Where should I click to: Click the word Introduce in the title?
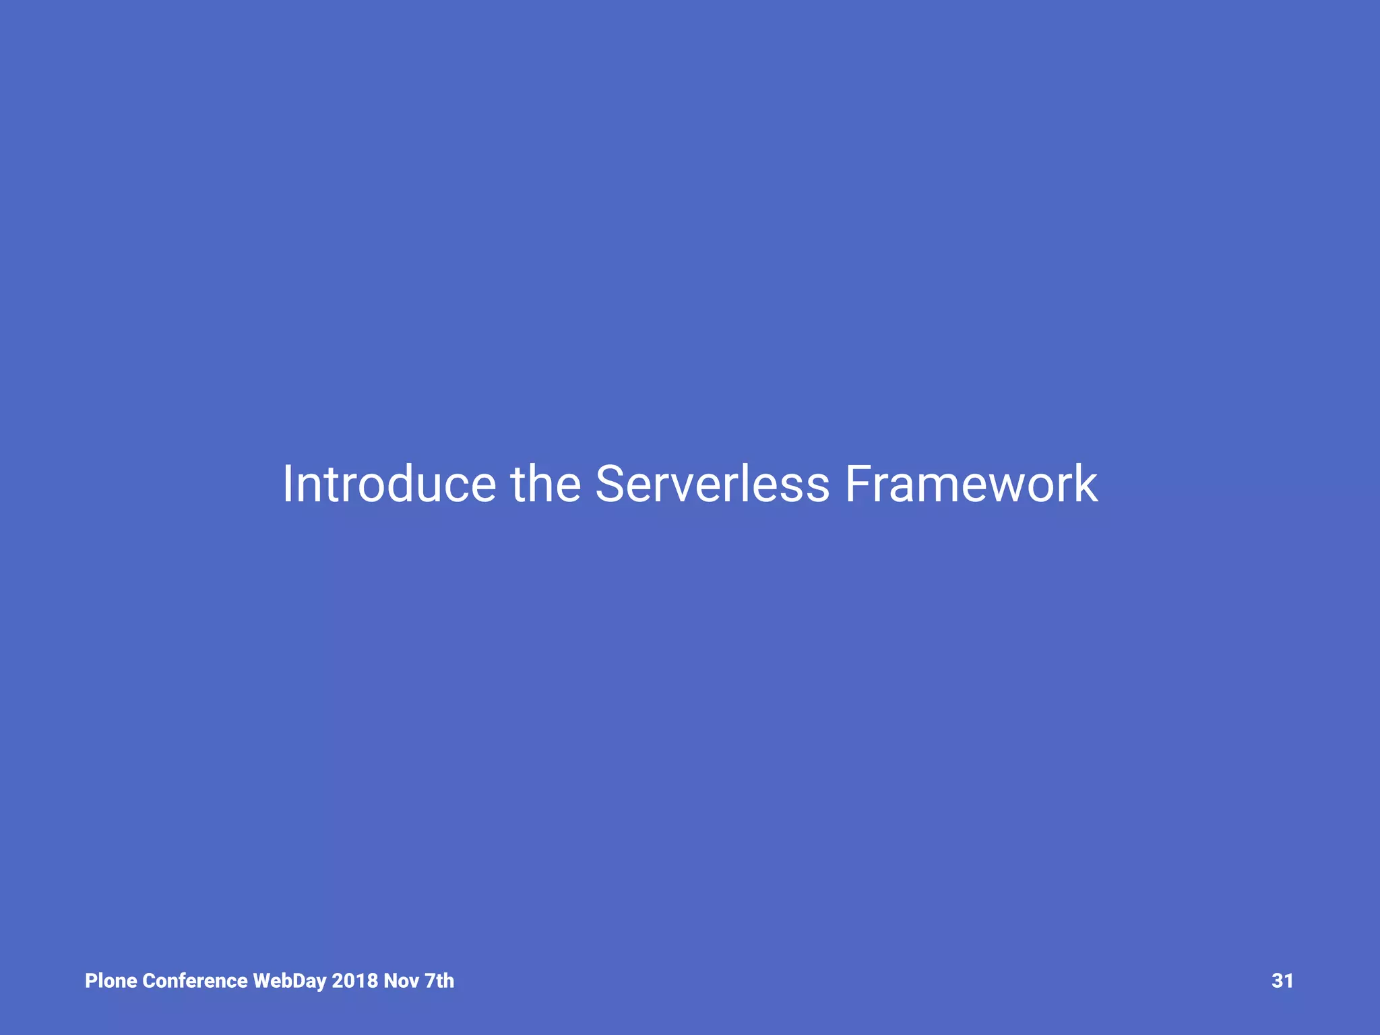point(389,484)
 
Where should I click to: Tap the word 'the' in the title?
point(546,484)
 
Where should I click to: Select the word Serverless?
point(712,484)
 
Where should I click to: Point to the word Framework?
point(971,484)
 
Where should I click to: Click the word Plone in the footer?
point(111,980)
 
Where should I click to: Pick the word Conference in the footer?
point(195,980)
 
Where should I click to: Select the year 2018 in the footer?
point(354,980)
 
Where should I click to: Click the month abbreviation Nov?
point(401,980)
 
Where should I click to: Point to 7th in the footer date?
point(439,980)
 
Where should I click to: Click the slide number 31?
point(1282,980)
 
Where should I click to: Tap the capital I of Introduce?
point(287,484)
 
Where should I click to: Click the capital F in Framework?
point(858,484)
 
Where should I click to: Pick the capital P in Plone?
point(91,980)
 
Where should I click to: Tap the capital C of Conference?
point(149,980)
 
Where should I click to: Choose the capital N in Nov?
point(390,980)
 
